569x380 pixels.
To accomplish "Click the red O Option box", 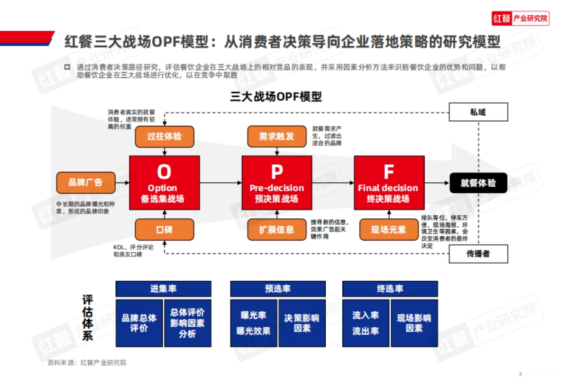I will tap(164, 183).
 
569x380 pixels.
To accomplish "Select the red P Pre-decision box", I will tap(277, 183).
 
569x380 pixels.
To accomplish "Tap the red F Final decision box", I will tap(389, 183).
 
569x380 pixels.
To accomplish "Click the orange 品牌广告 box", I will tap(86, 183).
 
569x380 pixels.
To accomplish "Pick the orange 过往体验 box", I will tap(164, 137).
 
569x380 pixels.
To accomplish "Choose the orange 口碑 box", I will tap(164, 230).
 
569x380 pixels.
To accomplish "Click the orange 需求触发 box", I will tap(277, 137).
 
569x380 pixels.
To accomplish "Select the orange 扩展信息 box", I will tap(277, 230).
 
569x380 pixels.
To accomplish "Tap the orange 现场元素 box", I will tap(389, 230).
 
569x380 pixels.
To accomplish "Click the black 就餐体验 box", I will tap(478, 183).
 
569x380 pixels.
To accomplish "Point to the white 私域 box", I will tap(478, 112).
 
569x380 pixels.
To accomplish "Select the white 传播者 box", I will tap(478, 254).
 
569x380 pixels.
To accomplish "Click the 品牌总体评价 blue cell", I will tap(139, 323).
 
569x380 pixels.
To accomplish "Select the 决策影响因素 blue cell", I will tap(302, 323).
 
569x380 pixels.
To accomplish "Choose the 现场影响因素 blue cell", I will tap(414, 323).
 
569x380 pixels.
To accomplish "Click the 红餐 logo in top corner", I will tap(520, 19).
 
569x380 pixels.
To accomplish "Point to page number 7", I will tap(520, 373).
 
